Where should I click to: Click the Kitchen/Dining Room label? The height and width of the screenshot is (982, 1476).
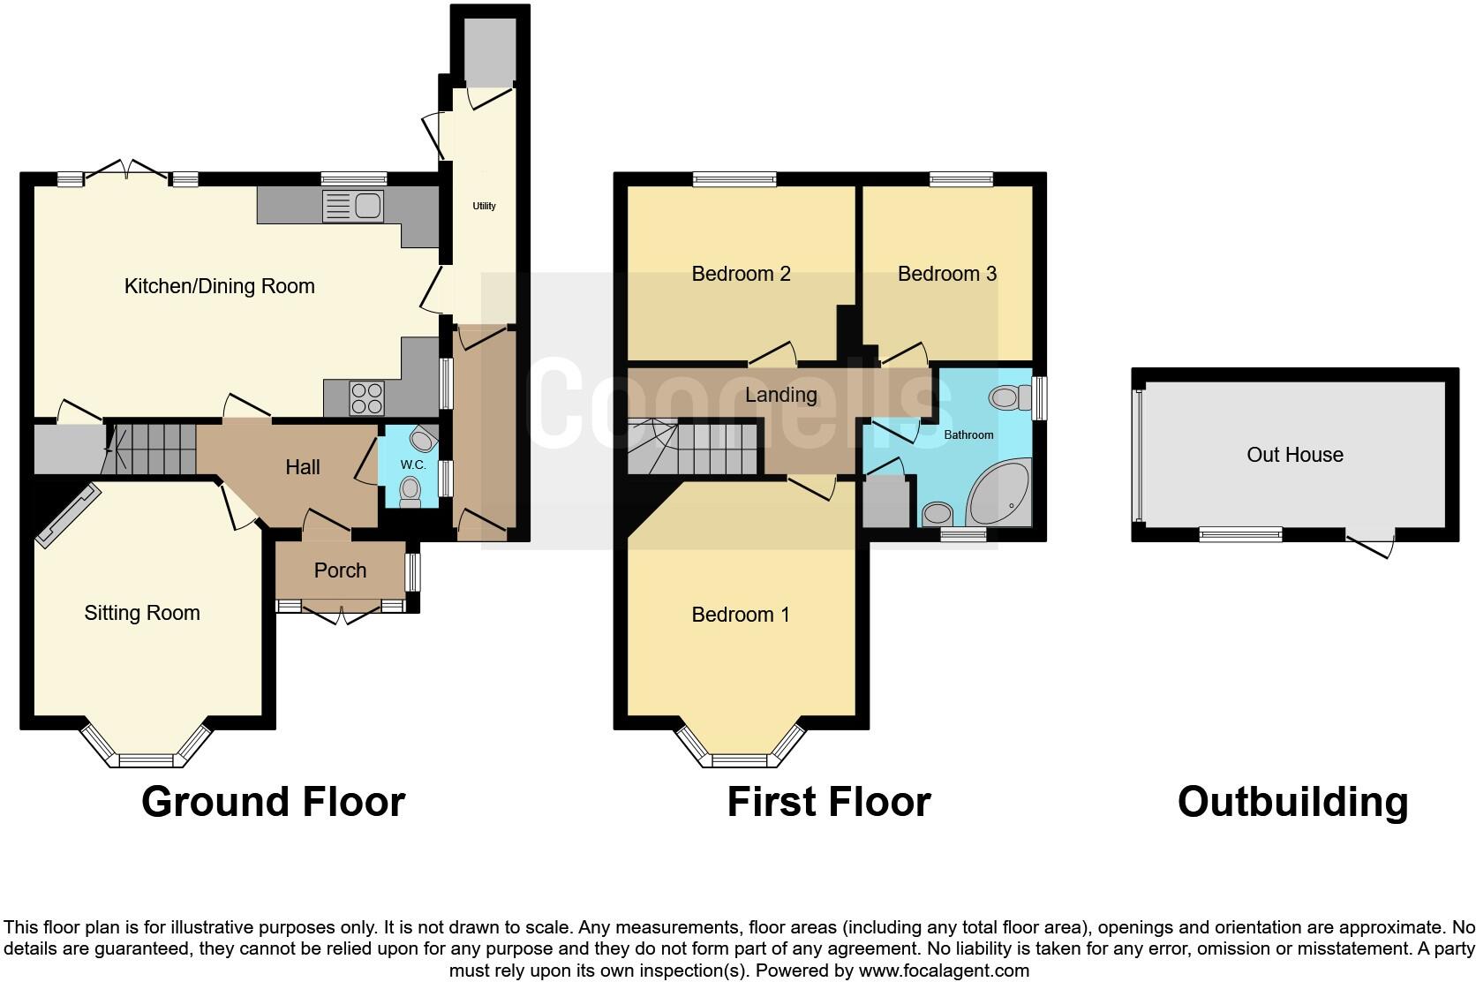219,286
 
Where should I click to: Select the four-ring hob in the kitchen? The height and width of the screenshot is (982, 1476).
366,397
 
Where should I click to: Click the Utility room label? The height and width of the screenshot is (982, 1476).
484,206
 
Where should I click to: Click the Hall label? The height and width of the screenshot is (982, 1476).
302,467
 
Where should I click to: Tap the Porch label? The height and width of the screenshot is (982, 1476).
340,570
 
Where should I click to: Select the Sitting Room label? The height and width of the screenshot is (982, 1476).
142,613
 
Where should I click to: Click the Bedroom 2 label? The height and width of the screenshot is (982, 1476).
741,274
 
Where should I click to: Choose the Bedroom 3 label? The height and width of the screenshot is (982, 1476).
946,274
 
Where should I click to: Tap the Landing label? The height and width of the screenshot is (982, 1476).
780,395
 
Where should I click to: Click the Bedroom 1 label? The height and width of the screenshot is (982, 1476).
740,615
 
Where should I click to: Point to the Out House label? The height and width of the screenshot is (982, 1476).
1294,455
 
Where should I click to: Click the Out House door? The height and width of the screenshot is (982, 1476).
1371,545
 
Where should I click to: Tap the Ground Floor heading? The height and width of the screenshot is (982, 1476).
273,802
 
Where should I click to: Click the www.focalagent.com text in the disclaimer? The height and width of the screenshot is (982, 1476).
943,971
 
